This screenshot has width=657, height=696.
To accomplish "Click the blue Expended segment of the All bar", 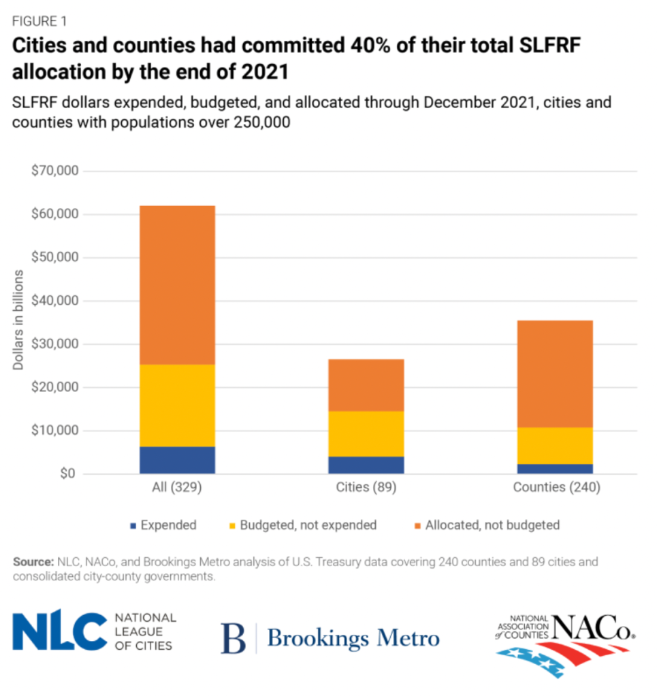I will (177, 460).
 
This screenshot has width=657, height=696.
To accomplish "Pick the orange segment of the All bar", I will (177, 285).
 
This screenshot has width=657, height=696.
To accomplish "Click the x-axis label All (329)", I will (177, 488).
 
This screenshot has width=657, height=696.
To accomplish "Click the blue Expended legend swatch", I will (133, 525).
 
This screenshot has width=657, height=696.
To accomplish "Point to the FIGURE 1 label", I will (39, 21).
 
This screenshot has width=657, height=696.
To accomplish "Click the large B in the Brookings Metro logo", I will (234, 638).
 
